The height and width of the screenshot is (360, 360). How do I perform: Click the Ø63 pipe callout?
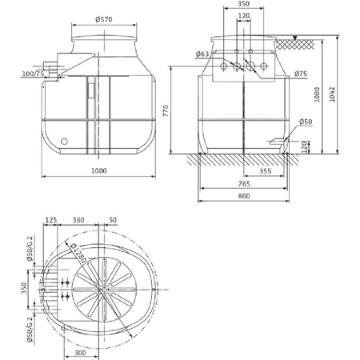point(202,54)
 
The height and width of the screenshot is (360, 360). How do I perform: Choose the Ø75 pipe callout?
point(301,74)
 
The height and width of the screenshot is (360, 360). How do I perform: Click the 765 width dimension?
point(245,184)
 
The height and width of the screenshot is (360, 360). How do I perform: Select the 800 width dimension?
point(246,198)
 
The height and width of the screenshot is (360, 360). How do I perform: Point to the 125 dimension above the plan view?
point(52,219)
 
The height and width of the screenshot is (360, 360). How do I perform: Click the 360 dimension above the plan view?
point(79,219)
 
